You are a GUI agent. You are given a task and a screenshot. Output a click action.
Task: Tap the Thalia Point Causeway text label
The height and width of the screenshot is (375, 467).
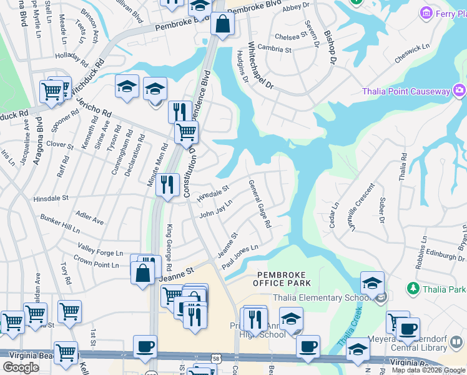coord(406,92)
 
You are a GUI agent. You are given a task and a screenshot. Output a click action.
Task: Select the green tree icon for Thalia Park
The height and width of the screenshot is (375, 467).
coord(412,289)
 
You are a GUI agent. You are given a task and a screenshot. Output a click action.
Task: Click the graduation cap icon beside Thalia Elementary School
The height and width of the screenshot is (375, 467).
coord(372,282)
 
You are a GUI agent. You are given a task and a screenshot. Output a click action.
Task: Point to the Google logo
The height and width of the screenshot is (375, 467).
coord(21,367)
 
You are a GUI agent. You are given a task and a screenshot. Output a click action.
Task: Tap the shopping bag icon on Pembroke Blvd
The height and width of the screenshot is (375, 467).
coord(222,25)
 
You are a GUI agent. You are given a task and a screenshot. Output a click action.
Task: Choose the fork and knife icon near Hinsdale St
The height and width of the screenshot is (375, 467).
coord(167,186)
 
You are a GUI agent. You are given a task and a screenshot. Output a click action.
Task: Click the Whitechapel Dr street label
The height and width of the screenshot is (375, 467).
coord(260,66)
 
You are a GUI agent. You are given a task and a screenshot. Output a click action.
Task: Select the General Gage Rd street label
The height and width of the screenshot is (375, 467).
coord(260,204)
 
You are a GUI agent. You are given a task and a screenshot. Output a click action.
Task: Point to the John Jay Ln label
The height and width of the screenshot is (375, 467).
coord(215,209)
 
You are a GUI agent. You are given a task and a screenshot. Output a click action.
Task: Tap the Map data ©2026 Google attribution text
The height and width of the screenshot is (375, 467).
coord(428,370)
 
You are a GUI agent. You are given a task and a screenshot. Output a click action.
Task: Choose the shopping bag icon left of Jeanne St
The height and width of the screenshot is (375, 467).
coord(143,274)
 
